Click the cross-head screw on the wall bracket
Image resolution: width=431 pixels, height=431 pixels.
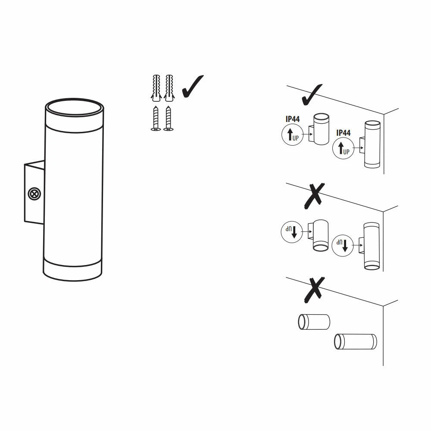(x=34, y=194)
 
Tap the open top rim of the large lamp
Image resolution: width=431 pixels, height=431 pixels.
(x=75, y=100)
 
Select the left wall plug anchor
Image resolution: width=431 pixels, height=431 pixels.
(x=156, y=87)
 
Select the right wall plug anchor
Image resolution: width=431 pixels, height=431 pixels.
(x=169, y=87)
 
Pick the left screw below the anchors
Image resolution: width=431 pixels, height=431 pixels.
(x=156, y=119)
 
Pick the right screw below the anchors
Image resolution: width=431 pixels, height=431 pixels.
(x=169, y=119)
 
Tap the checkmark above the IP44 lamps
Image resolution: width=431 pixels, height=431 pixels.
(x=312, y=95)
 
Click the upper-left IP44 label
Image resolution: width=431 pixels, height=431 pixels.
(x=293, y=119)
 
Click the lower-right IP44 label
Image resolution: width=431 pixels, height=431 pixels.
(x=344, y=133)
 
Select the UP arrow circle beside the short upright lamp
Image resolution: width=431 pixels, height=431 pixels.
(x=293, y=134)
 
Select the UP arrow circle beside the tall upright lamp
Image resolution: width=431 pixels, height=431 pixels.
(x=344, y=148)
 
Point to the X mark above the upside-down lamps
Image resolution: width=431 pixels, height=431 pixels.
(x=315, y=196)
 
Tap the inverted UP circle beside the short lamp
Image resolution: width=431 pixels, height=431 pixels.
(x=292, y=232)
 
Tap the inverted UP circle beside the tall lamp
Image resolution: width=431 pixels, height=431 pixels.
(x=343, y=246)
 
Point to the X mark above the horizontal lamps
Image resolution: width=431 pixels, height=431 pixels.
(x=315, y=290)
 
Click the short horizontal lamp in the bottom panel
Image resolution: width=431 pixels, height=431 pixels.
(x=314, y=322)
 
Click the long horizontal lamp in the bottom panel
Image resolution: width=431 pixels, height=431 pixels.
(x=356, y=342)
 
